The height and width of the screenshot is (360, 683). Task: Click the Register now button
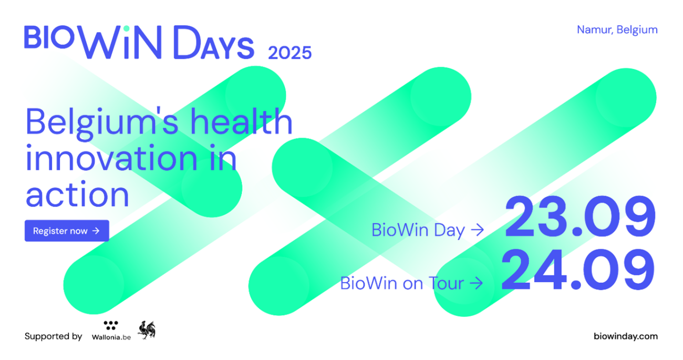click(x=67, y=231)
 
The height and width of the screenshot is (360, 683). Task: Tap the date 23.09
click(x=580, y=217)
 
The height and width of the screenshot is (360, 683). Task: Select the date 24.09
click(x=578, y=271)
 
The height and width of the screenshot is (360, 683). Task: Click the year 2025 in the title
click(x=289, y=53)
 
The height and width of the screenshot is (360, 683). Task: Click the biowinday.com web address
click(x=625, y=336)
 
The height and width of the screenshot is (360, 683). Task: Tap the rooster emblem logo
click(x=147, y=330)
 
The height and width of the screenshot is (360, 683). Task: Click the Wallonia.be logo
click(x=111, y=331)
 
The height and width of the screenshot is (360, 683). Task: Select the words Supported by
click(x=53, y=336)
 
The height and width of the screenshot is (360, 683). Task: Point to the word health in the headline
click(x=241, y=122)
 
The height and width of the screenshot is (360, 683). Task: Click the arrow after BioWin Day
click(x=477, y=230)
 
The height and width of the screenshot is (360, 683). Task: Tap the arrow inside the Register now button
click(x=96, y=231)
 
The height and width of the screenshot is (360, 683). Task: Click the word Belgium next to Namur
click(x=637, y=29)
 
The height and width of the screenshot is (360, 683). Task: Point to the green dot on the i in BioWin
click(x=126, y=29)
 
